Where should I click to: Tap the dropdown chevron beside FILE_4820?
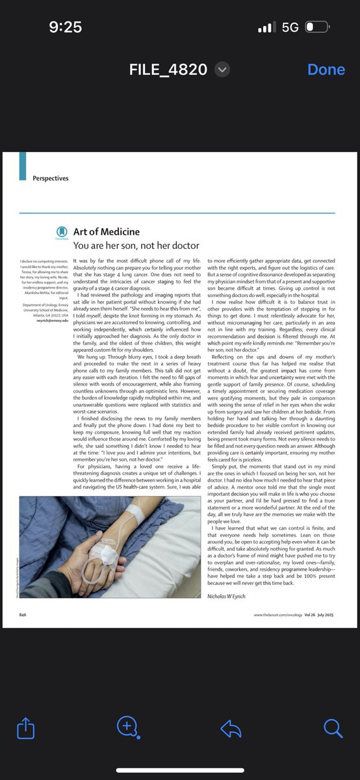click(222, 70)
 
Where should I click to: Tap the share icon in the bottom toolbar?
click(25, 729)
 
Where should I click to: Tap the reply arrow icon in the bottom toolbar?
click(231, 729)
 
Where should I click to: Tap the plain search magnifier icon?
click(333, 729)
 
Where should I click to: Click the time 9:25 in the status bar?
click(65, 27)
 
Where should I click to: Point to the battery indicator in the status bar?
click(318, 27)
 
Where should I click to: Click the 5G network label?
click(290, 27)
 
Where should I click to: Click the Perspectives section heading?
click(50, 178)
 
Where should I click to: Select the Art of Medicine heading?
click(106, 231)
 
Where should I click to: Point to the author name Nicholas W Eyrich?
click(231, 596)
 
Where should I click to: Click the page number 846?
click(23, 614)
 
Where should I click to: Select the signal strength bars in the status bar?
click(267, 28)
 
